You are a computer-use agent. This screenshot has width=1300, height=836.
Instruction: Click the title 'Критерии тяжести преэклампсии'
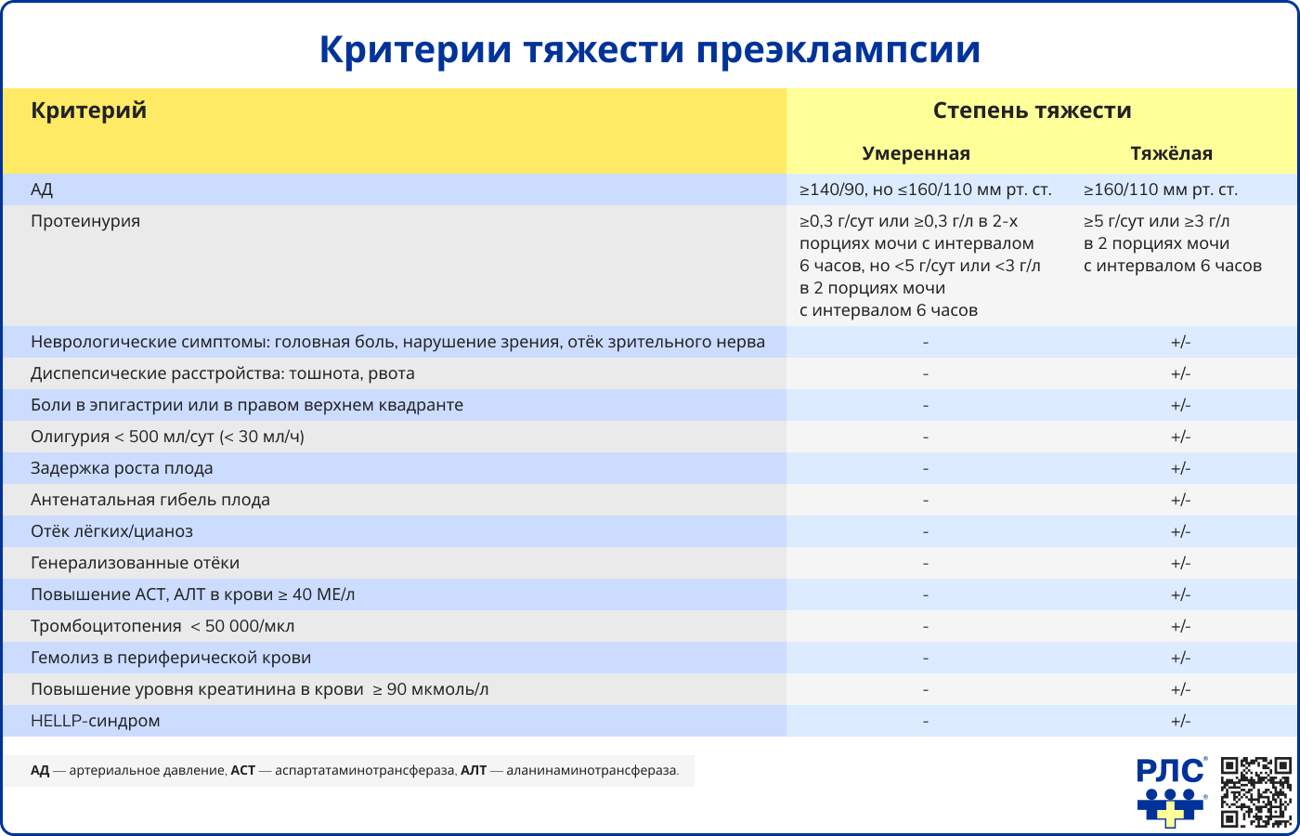coord(650,49)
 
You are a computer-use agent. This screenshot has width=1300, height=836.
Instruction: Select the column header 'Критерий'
coord(89,111)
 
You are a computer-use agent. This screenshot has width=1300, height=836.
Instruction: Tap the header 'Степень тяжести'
coord(1032,111)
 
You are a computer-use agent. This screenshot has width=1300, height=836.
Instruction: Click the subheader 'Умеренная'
coord(916,153)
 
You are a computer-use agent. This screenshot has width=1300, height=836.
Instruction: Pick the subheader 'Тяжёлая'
coord(1171,153)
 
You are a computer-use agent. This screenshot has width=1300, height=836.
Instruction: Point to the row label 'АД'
coord(42,189)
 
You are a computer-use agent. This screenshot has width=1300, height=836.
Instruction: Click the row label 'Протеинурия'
coord(85,221)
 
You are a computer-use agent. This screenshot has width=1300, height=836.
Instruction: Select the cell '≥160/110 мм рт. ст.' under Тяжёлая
coord(1161,189)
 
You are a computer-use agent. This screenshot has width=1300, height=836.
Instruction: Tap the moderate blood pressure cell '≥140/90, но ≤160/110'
coord(925,189)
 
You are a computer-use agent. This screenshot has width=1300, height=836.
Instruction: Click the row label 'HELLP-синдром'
coord(96,721)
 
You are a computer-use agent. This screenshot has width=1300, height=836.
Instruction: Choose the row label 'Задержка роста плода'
coord(122,468)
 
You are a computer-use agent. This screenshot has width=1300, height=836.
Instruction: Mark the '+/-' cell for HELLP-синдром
coord(1180,721)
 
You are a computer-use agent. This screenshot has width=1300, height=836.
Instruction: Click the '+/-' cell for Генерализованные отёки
coord(1180,563)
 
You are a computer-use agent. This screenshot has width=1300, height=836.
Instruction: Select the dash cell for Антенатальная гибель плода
coord(926,500)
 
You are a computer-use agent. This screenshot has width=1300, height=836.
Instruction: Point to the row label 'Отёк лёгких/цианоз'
coord(111,531)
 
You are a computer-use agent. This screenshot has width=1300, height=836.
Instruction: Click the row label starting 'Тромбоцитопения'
coord(162,626)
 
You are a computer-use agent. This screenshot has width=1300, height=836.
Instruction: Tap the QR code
coord(1255,791)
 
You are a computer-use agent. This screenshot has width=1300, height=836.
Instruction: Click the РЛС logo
coord(1171,791)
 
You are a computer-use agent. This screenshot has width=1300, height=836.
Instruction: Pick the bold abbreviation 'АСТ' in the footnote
coord(242,770)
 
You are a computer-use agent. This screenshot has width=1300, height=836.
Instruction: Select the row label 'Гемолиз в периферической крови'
coord(171,658)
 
